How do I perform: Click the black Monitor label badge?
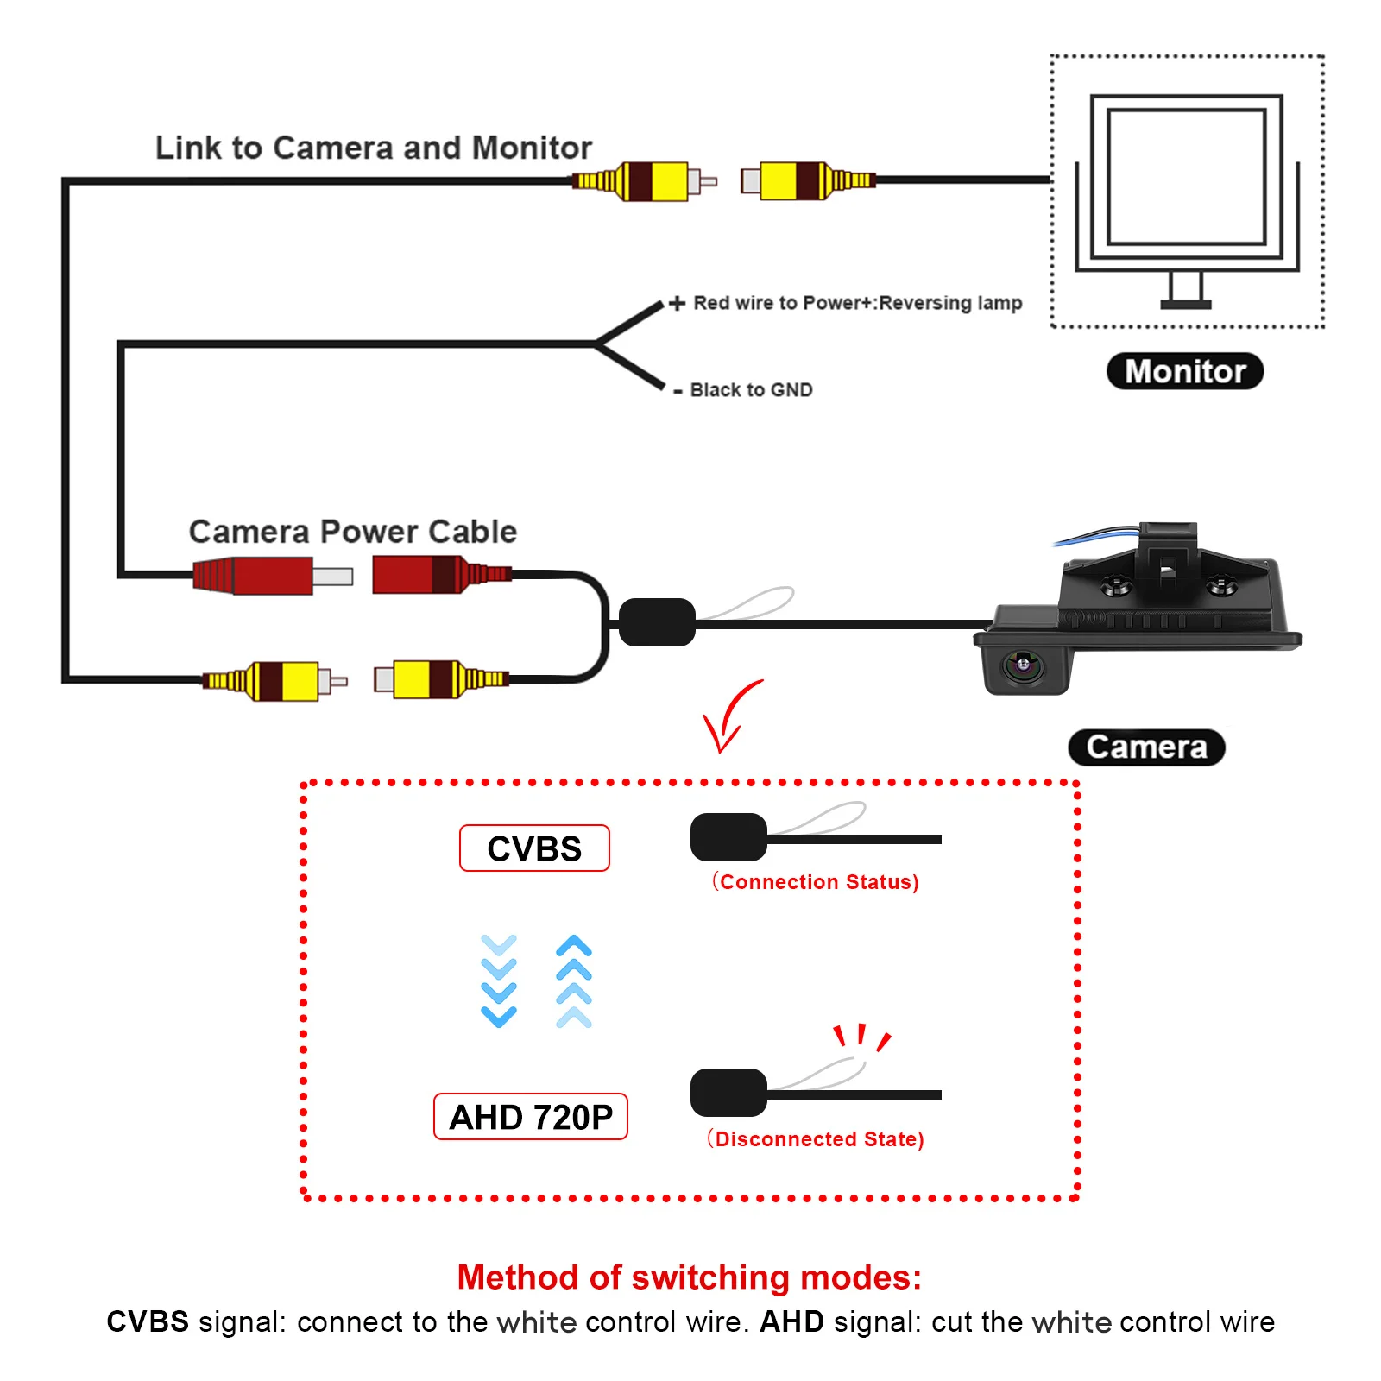tap(1184, 371)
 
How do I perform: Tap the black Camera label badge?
tap(1146, 747)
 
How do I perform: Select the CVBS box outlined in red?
tap(534, 848)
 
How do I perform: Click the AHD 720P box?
tap(530, 1117)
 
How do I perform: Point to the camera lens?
tap(1024, 665)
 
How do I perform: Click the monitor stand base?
tap(1185, 304)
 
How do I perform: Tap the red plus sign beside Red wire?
tap(678, 303)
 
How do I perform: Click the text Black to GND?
tap(751, 390)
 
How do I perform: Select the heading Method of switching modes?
tap(690, 1277)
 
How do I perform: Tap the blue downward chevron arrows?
tap(499, 981)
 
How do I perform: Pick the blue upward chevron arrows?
tap(574, 981)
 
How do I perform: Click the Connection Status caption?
tap(816, 881)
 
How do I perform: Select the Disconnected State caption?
tap(816, 1138)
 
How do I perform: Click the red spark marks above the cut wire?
tap(861, 1036)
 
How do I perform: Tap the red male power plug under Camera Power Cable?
tap(272, 575)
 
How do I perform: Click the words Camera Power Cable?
tap(353, 532)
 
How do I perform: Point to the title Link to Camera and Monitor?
tap(374, 148)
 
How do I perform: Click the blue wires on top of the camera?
tap(1096, 535)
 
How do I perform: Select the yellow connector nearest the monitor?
tap(808, 180)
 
